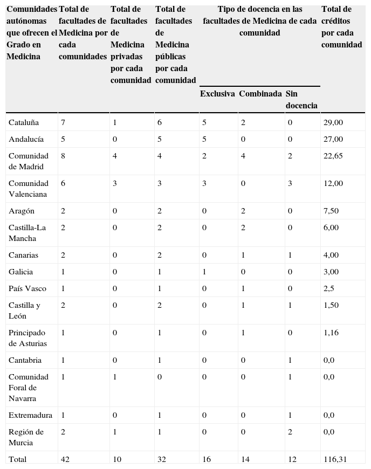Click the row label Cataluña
point(24,123)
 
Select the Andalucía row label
point(26,140)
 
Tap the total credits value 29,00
point(333,123)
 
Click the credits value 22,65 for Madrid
point(333,156)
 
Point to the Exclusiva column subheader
point(217,94)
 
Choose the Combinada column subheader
point(260,94)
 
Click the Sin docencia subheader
point(301,100)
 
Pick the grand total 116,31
point(335,459)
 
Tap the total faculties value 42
point(65,459)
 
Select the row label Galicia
point(20,272)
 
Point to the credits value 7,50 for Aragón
point(331,211)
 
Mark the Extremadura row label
point(30,415)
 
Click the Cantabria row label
point(25,360)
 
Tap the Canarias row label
point(24,255)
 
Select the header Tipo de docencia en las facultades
point(260,21)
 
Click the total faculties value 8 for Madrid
point(63,156)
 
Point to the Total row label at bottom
point(17,459)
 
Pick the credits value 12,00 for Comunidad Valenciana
point(333,184)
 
